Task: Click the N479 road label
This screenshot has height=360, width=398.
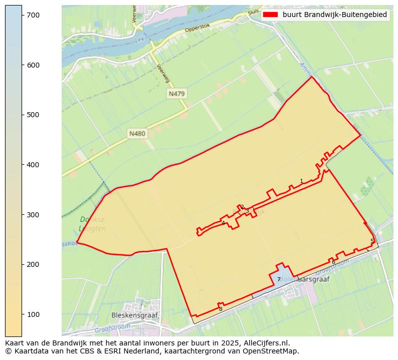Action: tap(177, 94)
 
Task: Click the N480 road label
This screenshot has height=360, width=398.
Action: tap(137, 134)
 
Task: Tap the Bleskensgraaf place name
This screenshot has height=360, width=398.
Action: tap(134, 315)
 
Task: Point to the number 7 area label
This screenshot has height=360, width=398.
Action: tap(279, 280)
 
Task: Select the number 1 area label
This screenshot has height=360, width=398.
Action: tap(301, 181)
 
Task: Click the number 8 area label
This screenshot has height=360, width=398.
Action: tap(221, 309)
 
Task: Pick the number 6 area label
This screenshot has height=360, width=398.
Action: tap(333, 262)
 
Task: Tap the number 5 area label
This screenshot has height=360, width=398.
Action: tap(372, 241)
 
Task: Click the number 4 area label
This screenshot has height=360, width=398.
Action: tap(223, 223)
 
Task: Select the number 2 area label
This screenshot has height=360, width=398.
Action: tap(242, 207)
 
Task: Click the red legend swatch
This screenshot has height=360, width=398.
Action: tap(271, 15)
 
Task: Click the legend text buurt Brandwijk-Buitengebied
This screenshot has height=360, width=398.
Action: tap(335, 15)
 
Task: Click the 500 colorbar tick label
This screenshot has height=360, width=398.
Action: tap(34, 115)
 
